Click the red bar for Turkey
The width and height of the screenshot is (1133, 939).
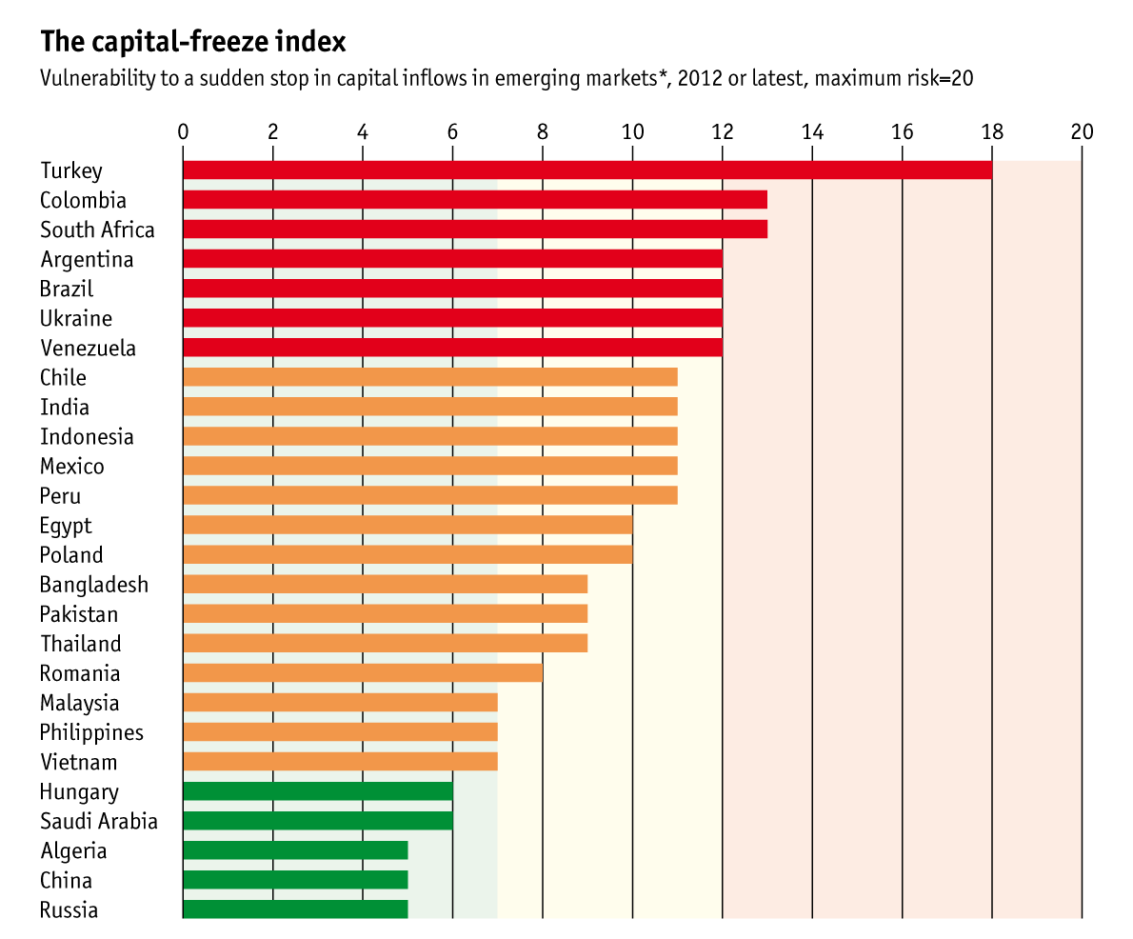586,170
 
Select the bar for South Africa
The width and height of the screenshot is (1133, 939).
474,230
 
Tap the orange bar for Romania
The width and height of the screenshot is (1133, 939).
362,673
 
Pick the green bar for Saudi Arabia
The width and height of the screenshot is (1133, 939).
317,821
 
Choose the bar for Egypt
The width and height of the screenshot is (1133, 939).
407,525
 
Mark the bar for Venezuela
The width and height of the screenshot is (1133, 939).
452,348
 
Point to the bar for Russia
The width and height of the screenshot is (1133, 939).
295,909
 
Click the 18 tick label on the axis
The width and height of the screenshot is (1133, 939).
992,131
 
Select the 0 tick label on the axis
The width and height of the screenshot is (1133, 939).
183,131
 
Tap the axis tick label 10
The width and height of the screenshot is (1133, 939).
632,131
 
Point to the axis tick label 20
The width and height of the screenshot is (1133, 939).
1082,131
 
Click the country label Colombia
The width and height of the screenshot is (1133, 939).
83,200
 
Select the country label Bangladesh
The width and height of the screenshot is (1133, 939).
94,584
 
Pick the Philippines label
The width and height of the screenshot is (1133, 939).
91,732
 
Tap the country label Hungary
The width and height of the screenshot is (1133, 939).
79,791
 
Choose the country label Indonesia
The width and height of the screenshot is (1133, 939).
87,436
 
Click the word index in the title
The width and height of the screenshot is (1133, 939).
315,42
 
